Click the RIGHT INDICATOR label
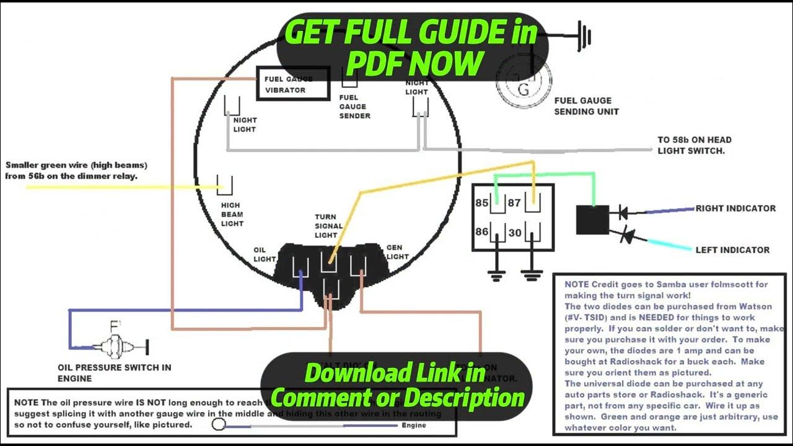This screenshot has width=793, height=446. [735, 208]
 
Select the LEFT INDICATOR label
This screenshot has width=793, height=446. [732, 250]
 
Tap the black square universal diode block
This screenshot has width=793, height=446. [592, 220]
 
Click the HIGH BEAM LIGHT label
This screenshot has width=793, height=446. [232, 214]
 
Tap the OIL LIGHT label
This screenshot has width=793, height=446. [264, 255]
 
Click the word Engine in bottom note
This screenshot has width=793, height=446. [414, 426]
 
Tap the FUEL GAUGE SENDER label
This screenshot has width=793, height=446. [354, 107]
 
